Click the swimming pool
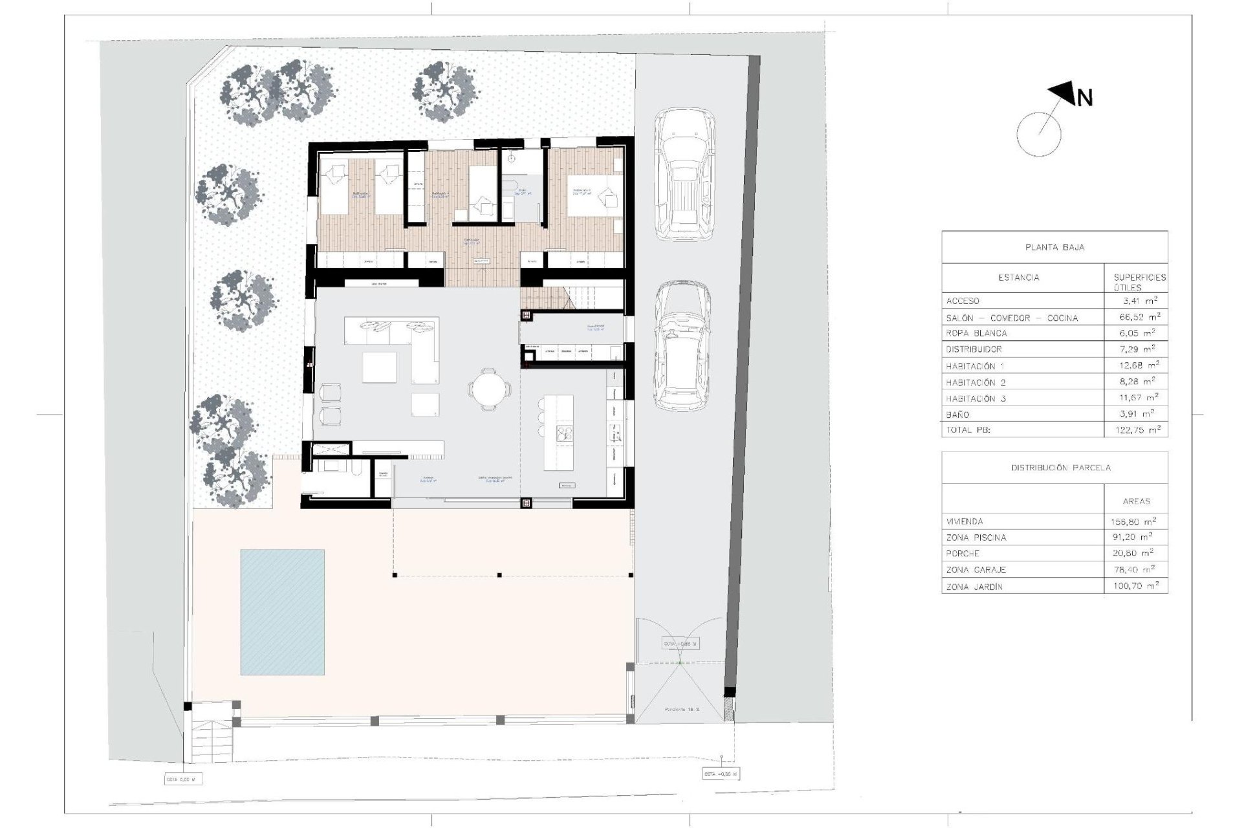click(x=283, y=612)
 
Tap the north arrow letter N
click(x=1084, y=98)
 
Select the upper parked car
click(x=684, y=173)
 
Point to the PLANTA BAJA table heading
click(x=1054, y=247)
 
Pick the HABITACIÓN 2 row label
click(x=975, y=382)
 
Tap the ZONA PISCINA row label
click(x=976, y=538)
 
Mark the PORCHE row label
click(x=963, y=554)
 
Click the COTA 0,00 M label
click(x=183, y=779)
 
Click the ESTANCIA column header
click(x=1019, y=278)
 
